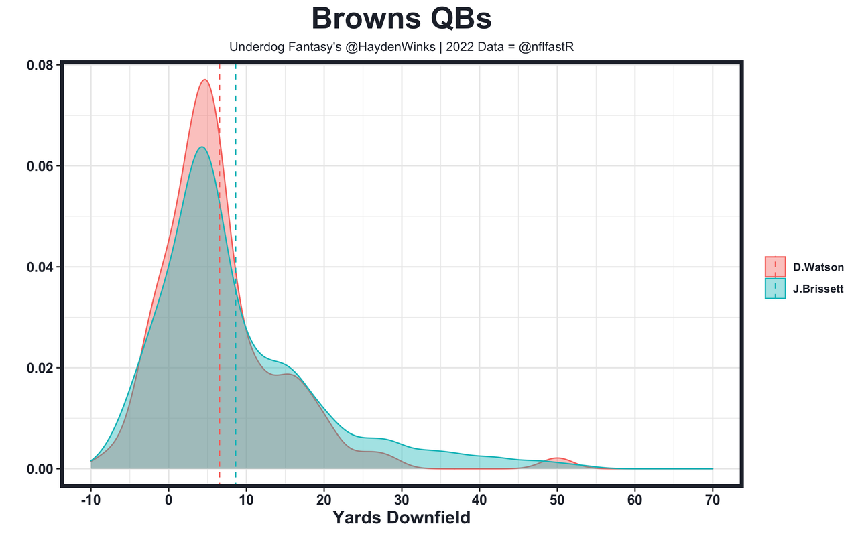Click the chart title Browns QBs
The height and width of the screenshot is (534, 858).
(402, 19)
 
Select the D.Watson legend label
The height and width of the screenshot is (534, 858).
(818, 267)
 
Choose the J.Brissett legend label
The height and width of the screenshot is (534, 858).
(818, 289)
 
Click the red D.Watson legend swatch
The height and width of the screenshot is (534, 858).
(775, 267)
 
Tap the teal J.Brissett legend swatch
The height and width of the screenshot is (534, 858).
(775, 289)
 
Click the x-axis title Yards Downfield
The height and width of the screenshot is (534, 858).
(402, 518)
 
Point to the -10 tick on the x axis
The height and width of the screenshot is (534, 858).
(91, 500)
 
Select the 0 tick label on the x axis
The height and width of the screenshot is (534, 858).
(169, 500)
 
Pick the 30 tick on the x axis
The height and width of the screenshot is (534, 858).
(402, 500)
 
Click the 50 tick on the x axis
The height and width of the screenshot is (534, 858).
(557, 500)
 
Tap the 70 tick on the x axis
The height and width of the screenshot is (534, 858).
(713, 500)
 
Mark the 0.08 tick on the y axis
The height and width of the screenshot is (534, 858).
(40, 65)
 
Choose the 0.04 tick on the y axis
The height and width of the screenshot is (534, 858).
(40, 267)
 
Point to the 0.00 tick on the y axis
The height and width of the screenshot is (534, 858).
(40, 469)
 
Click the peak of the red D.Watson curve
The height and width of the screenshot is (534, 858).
(204, 80)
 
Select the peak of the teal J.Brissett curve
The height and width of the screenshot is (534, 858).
(201, 147)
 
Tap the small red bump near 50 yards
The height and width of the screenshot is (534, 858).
(557, 458)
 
